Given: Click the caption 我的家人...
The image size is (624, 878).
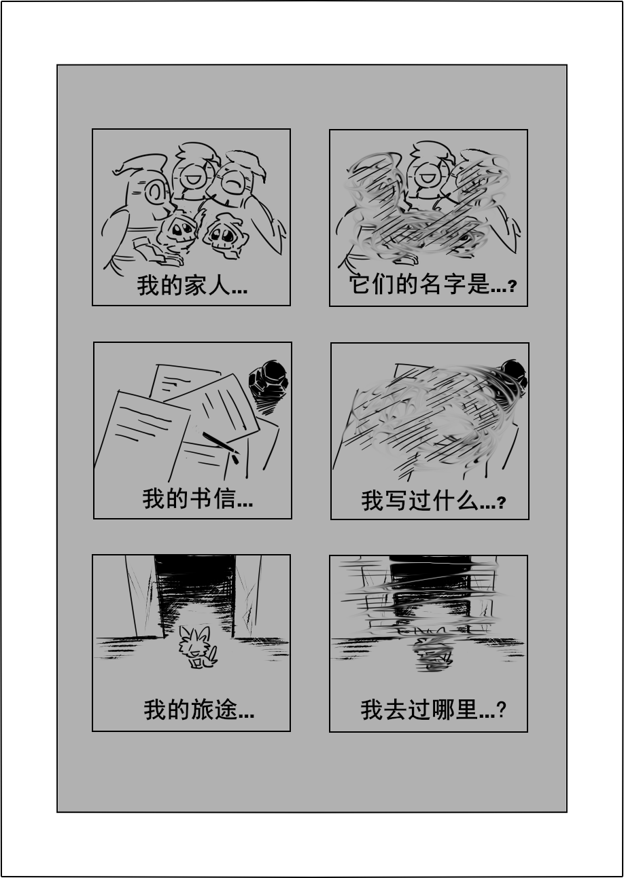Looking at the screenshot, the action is tap(192, 285).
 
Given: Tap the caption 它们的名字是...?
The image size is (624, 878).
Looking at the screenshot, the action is tap(432, 284).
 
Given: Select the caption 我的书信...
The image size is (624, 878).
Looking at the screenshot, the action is tap(197, 498).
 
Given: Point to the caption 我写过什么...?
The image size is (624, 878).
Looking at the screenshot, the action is tap(434, 500).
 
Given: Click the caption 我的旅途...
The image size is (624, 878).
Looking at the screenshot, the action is tap(199, 710).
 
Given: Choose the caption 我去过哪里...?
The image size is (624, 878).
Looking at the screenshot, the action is tap(433, 710).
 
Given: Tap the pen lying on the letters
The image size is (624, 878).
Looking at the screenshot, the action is tap(221, 447).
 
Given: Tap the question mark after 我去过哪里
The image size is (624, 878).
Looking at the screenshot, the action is tap(502, 710).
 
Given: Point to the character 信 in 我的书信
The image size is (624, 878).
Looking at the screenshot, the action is tap(225, 498).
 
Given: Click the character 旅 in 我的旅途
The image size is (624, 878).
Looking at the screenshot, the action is tap(203, 710).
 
